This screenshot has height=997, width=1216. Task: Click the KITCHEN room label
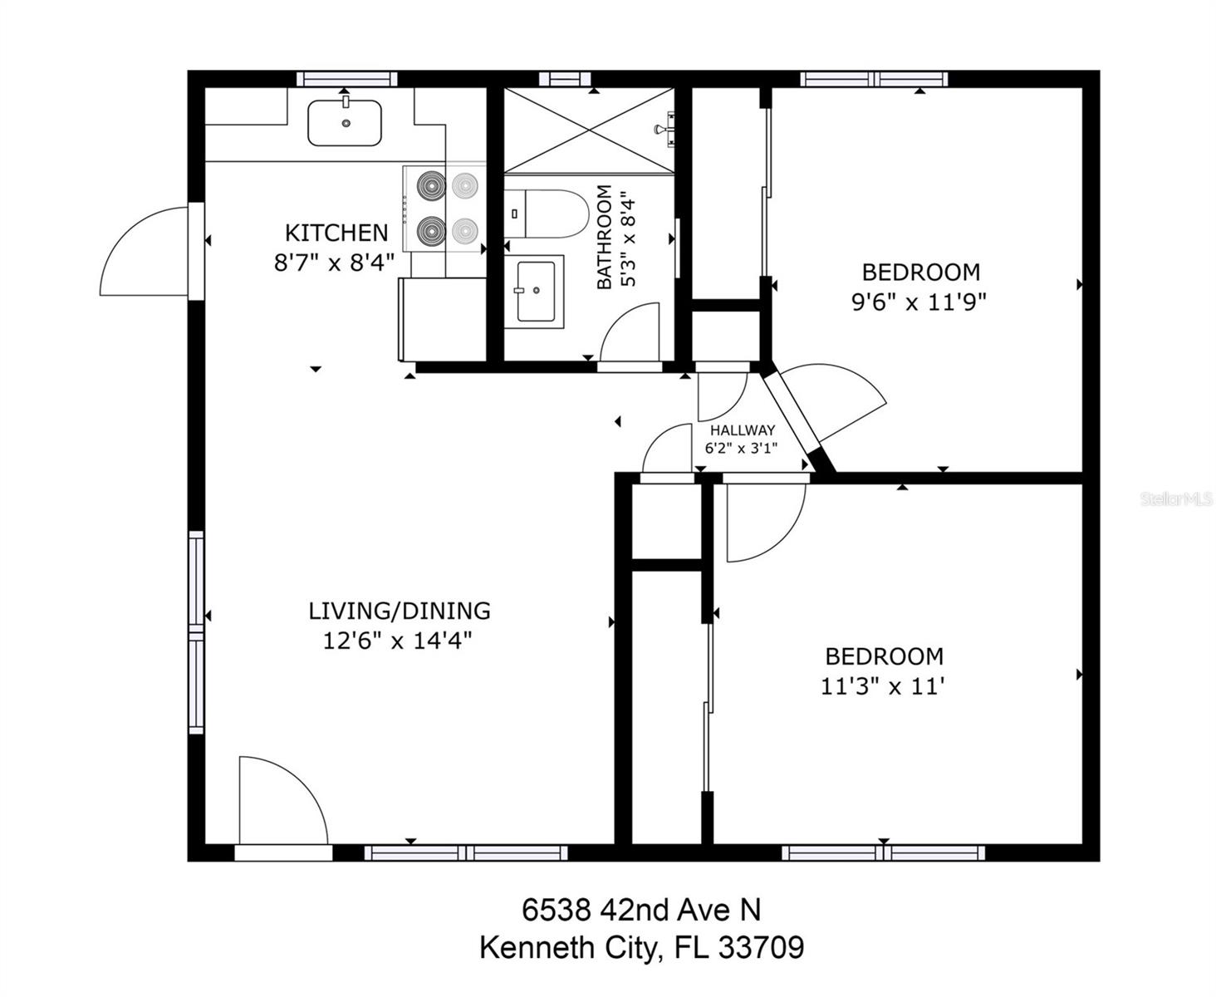(x=336, y=233)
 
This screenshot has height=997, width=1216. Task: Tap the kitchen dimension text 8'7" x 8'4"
(x=334, y=263)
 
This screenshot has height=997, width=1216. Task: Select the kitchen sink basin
(x=345, y=123)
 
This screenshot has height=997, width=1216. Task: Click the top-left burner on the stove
(x=431, y=185)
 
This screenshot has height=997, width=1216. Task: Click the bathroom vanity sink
(x=535, y=291)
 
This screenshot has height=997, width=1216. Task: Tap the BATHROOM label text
(x=604, y=238)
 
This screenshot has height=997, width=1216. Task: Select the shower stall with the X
(x=588, y=130)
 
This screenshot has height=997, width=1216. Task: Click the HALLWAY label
(x=742, y=430)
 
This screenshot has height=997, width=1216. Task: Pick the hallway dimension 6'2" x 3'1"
(x=741, y=449)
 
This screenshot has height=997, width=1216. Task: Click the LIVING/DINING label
(x=400, y=611)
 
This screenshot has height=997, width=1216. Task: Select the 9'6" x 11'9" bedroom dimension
(x=919, y=302)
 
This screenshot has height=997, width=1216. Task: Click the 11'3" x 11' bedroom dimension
(x=883, y=687)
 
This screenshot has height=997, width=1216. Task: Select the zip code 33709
(x=762, y=948)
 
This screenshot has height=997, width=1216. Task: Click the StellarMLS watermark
(x=1176, y=499)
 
